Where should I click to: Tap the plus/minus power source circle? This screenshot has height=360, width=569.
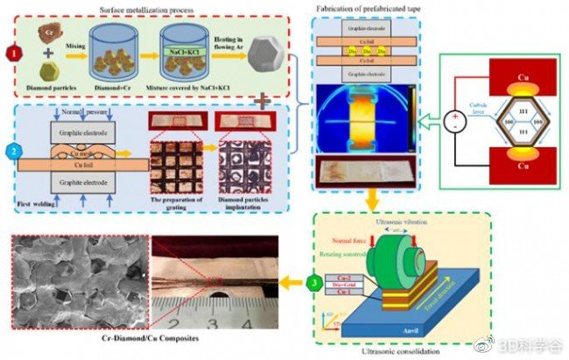coord(454,123)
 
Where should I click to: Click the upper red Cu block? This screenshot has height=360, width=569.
coord(515,77)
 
